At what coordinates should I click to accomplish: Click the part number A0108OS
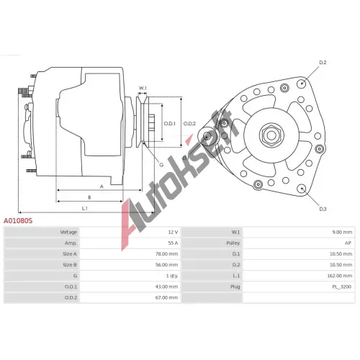pos(18,220)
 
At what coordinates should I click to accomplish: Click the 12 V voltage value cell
pos(173,232)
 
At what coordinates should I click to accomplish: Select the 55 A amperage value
pos(173,243)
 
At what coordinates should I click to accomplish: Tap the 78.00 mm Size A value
pos(166,254)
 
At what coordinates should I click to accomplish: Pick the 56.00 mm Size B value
pos(166,265)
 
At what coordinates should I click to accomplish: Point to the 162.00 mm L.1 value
pos(340,276)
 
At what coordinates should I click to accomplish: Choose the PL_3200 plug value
pos(342,287)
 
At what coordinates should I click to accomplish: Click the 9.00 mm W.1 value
pos(342,232)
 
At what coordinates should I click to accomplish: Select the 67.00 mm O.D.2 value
pos(166,297)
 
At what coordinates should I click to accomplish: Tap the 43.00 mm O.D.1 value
pos(166,287)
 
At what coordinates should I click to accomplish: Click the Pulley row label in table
pos(233,243)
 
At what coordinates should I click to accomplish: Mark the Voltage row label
pos(68,232)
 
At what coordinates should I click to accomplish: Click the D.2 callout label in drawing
pos(323,63)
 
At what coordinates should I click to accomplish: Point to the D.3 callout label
pos(323,209)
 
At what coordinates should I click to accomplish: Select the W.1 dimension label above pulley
pos(143,88)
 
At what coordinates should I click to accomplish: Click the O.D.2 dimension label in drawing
pos(189,124)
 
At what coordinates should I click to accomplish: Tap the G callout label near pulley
pos(161,165)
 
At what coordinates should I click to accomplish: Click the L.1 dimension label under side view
pos(85,208)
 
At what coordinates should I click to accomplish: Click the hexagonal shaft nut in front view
pos(271,135)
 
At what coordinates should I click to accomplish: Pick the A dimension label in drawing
pos(102,186)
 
